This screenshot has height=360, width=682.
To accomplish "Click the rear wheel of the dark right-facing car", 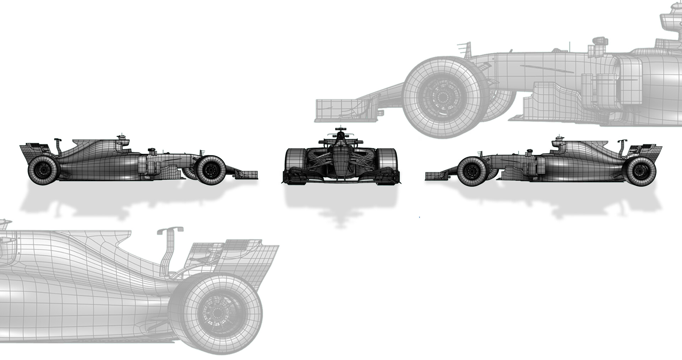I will [43, 170].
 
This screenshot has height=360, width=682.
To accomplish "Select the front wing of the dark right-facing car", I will [247, 174].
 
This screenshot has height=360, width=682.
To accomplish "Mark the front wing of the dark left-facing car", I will [435, 176].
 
